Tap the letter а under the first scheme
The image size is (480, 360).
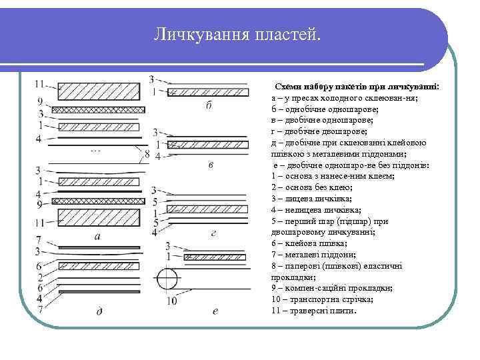(x=98, y=236)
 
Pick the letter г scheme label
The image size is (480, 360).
(x=213, y=233)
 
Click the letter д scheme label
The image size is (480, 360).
(x=99, y=311)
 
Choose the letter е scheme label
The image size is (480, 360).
(x=215, y=310)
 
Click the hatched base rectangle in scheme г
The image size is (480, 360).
(x=207, y=213)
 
